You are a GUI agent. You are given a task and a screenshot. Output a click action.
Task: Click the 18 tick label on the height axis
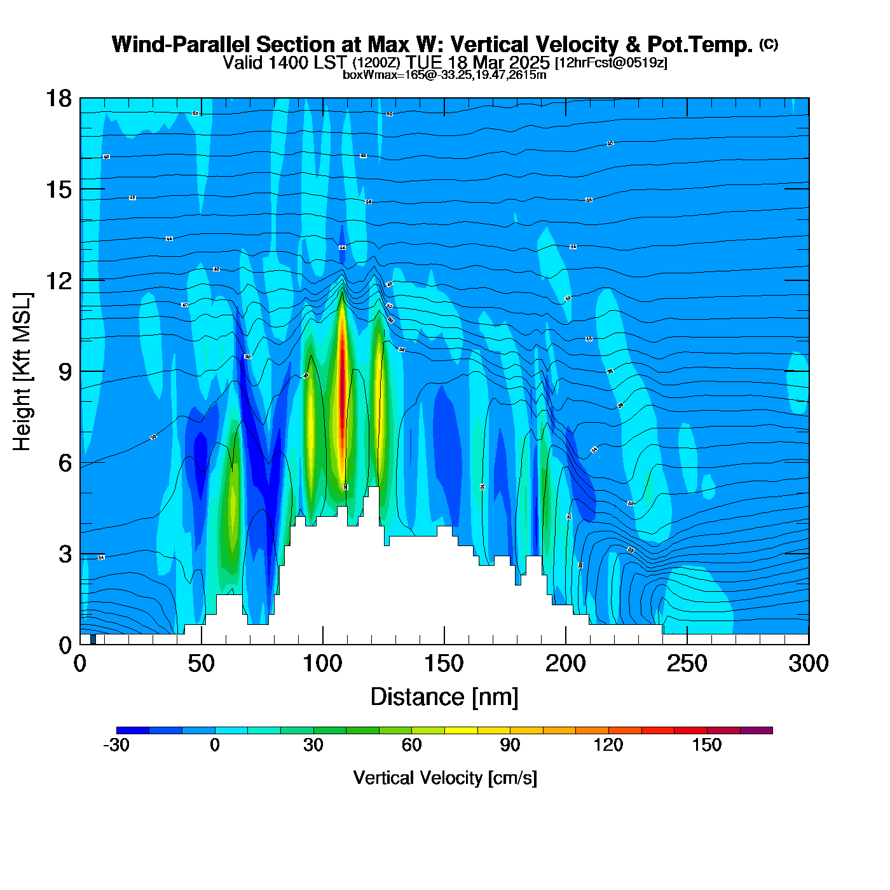tap(57, 99)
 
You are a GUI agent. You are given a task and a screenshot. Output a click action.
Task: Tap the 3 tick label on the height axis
tap(65, 554)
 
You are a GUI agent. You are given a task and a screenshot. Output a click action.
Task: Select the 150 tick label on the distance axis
tap(444, 664)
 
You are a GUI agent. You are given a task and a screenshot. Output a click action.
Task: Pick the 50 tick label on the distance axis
tap(201, 664)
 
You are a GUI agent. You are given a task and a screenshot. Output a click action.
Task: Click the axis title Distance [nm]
tap(444, 697)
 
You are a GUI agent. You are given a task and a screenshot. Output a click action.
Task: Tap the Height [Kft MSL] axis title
tap(22, 372)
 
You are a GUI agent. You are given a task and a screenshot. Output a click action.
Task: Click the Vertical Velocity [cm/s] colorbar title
tap(445, 777)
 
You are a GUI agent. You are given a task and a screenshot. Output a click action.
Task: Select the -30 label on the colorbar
tap(116, 745)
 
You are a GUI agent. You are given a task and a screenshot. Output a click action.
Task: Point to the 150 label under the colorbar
tap(707, 745)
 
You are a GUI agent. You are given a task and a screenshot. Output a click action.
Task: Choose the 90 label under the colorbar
tap(510, 745)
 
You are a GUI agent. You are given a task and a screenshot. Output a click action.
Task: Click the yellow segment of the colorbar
tap(461, 730)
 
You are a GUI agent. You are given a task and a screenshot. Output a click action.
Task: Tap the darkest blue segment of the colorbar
tap(133, 730)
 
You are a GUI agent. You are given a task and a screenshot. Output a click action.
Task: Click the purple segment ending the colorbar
tap(756, 730)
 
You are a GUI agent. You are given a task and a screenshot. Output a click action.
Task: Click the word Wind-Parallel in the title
tap(182, 45)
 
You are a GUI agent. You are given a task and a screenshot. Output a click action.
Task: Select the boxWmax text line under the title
tap(444, 75)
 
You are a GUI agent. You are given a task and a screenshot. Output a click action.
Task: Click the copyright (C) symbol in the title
tap(769, 44)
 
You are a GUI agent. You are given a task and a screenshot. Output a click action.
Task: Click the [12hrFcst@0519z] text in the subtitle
tap(611, 63)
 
